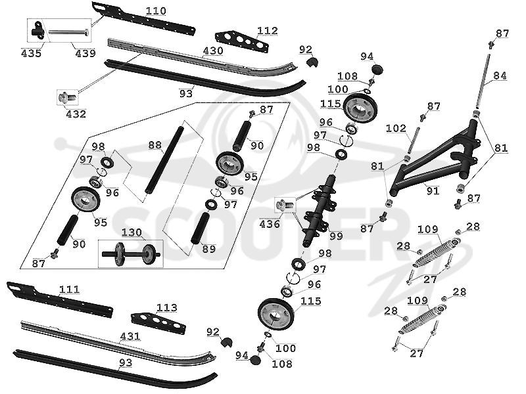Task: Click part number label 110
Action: tap(156, 11)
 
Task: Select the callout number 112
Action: tap(268, 31)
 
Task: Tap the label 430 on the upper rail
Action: tap(213, 51)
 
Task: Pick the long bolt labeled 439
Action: tap(70, 32)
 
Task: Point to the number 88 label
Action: tap(155, 145)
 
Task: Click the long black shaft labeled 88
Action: tap(164, 160)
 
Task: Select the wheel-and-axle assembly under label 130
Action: tap(131, 253)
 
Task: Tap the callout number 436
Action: tap(270, 224)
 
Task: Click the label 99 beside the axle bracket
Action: tap(336, 236)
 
